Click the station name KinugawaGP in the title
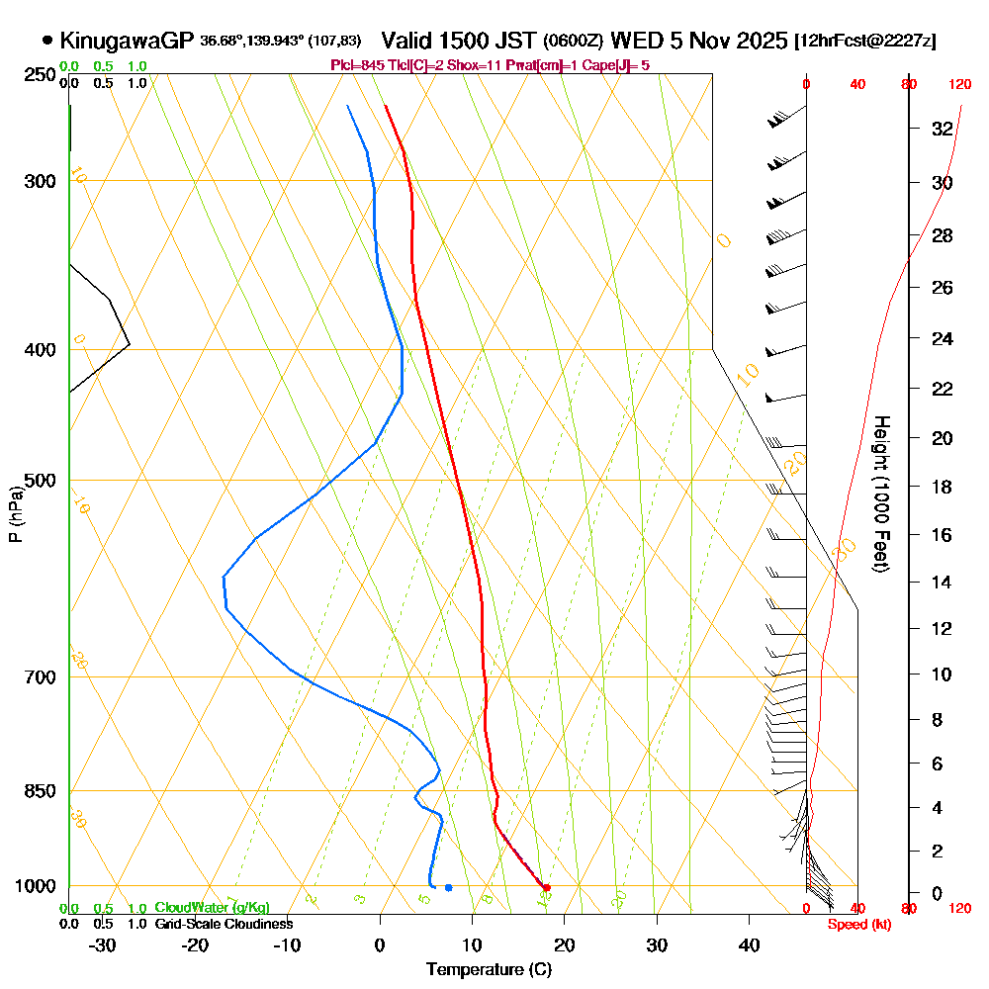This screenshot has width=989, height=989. coord(127,41)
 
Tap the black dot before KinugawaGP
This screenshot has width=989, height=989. coord(47,41)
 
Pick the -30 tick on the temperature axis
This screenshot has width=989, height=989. coord(102,944)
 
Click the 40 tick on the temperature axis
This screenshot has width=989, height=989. coord(749,944)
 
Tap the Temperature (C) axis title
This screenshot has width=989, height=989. coord(488,969)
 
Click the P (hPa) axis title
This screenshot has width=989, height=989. coord(15,514)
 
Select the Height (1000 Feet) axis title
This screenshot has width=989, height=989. coord(878,494)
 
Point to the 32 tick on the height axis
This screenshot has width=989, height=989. coord(942,129)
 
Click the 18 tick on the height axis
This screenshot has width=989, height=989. coord(942,487)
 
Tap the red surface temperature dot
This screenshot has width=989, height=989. coord(546,887)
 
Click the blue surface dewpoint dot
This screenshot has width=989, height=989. coord(449,887)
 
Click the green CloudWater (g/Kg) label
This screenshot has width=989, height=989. coord(212,908)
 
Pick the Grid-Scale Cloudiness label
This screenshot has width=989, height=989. coord(224,924)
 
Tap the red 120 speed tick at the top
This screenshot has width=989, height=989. coord(959,85)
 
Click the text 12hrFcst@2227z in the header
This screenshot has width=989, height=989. coord(866,42)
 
